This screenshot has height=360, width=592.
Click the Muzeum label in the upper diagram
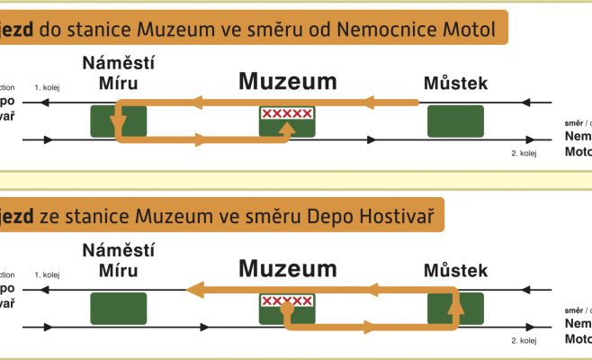[x=287, y=82]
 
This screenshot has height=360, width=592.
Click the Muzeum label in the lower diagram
[x=287, y=268]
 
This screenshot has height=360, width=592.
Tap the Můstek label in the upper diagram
[x=454, y=84]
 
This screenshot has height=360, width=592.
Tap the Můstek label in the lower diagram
[x=454, y=270]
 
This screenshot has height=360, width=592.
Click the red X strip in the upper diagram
[x=287, y=113]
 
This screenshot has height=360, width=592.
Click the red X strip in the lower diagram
[x=287, y=301]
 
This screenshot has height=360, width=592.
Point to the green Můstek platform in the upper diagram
[x=455, y=121]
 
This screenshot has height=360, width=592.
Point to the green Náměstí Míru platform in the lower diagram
[x=119, y=308]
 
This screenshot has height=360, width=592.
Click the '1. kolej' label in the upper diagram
[x=48, y=87]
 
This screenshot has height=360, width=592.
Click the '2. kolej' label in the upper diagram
[x=523, y=154]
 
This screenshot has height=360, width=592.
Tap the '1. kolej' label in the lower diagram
[x=48, y=274]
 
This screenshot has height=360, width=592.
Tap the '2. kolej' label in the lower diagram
[x=523, y=341]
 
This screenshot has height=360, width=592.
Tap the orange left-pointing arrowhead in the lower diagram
[x=193, y=290]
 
